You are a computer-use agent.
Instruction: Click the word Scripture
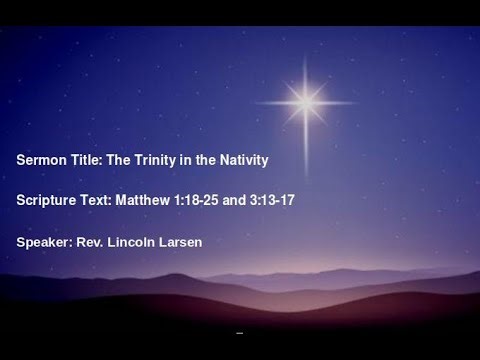click(x=48, y=200)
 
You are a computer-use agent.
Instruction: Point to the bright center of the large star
click(x=305, y=98)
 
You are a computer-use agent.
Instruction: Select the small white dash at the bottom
click(x=239, y=331)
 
